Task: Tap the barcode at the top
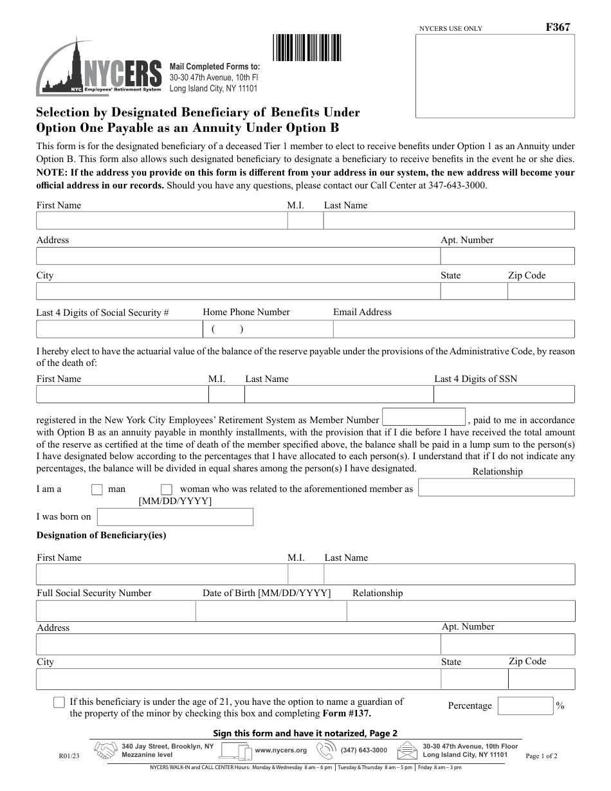point(307,47)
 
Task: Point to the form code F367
point(558,27)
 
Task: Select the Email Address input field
point(453,329)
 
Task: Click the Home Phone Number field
point(268,329)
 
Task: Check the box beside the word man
point(97,489)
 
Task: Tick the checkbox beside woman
point(167,489)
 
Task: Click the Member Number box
point(423,417)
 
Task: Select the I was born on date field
point(175,517)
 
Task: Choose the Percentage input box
point(525,706)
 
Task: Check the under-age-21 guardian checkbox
point(59,702)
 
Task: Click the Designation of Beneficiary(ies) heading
point(101,535)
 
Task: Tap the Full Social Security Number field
point(116,611)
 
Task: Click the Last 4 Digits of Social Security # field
point(119,329)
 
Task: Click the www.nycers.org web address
point(280,750)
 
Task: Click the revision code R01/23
point(69,756)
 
